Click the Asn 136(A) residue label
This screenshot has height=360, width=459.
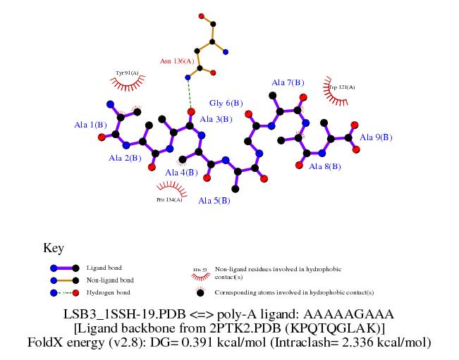(175, 61)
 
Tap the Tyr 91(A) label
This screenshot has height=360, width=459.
(127, 73)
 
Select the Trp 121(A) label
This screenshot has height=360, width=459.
(342, 87)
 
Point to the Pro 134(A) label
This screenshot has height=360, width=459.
(169, 200)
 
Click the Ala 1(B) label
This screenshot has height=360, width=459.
(90, 125)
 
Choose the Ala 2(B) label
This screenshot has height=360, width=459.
(125, 158)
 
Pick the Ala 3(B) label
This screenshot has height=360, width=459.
(216, 119)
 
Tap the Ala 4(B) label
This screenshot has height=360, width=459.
(181, 173)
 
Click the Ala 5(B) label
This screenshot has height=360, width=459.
(214, 201)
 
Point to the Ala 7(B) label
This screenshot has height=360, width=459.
(288, 83)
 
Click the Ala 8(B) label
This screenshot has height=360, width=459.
(325, 167)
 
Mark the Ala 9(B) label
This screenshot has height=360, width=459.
(376, 137)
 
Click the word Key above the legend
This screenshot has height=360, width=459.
(54, 248)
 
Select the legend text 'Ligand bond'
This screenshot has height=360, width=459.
(104, 268)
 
